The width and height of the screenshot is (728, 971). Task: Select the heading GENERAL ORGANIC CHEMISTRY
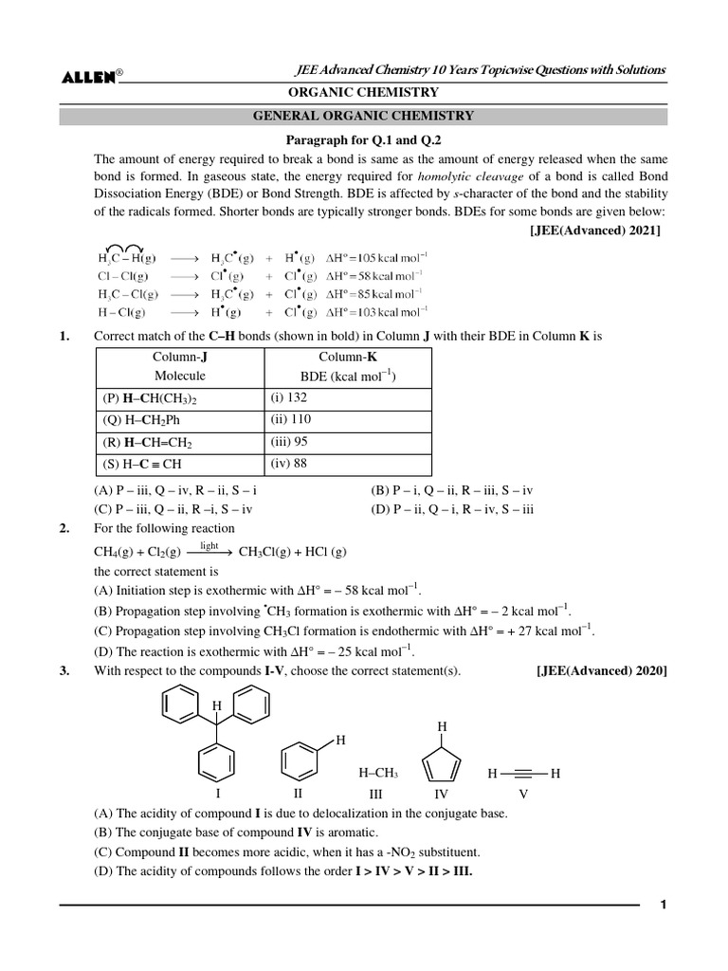pyautogui.click(x=363, y=117)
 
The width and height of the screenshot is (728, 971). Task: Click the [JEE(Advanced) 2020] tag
pyautogui.click(x=601, y=671)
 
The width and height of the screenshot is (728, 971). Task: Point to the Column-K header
pyautogui.click(x=347, y=357)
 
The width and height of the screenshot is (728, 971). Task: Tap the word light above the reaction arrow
pyautogui.click(x=209, y=546)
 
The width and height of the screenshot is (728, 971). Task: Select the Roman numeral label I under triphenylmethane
pyautogui.click(x=218, y=793)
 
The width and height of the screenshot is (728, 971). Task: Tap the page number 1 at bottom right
pyautogui.click(x=664, y=905)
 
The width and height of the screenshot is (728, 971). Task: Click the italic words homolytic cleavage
pyautogui.click(x=461, y=176)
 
